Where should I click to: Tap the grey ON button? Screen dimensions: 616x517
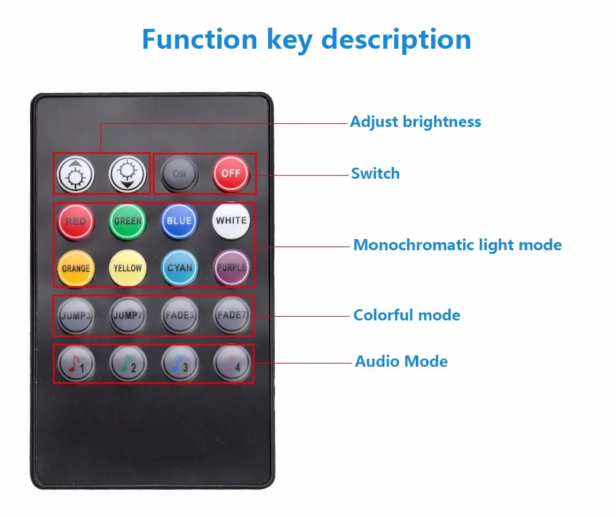pyautogui.click(x=179, y=174)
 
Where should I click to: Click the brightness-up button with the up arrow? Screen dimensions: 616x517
pyautogui.click(x=76, y=174)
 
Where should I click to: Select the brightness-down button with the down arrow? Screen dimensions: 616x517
pyautogui.click(x=128, y=174)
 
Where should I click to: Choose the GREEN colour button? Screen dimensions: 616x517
pyautogui.click(x=128, y=221)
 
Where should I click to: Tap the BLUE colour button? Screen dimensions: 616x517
pyautogui.click(x=179, y=221)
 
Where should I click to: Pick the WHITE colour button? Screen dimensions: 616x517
pyautogui.click(x=232, y=221)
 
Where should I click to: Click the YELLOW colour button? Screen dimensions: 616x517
pyautogui.click(x=128, y=268)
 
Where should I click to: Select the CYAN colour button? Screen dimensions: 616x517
pyautogui.click(x=179, y=268)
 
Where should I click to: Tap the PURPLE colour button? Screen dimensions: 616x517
pyautogui.click(x=232, y=267)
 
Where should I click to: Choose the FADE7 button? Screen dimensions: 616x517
pyautogui.click(x=232, y=315)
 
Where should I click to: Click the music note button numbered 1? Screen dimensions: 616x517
pyautogui.click(x=76, y=364)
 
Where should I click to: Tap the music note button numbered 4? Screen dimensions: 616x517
pyautogui.click(x=232, y=363)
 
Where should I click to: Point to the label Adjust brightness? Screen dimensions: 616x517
pyautogui.click(x=415, y=122)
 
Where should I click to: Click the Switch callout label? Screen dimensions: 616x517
pyautogui.click(x=375, y=173)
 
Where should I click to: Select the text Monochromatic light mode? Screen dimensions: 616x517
pyautogui.click(x=457, y=245)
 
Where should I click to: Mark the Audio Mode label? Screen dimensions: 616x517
pyautogui.click(x=401, y=361)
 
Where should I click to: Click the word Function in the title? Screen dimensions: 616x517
pyautogui.click(x=200, y=39)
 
